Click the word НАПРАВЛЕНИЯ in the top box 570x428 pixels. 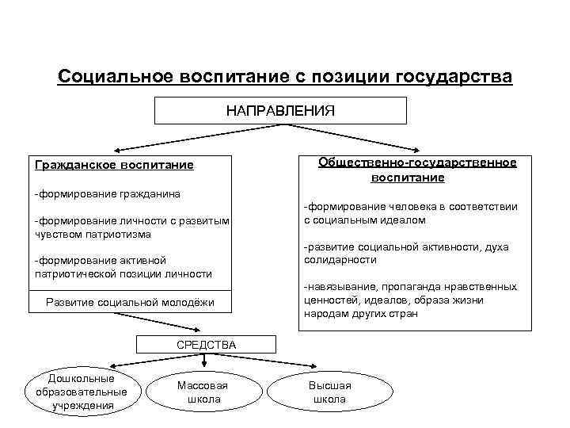pyautogui.click(x=280, y=110)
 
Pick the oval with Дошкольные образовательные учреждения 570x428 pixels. pyautogui.click(x=82, y=392)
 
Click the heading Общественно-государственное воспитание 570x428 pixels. pyautogui.click(x=417, y=170)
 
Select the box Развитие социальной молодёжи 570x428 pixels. pyautogui.click(x=130, y=302)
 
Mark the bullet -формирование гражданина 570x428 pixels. pyautogui.click(x=106, y=193)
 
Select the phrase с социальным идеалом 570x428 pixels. pyautogui.click(x=364, y=220)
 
